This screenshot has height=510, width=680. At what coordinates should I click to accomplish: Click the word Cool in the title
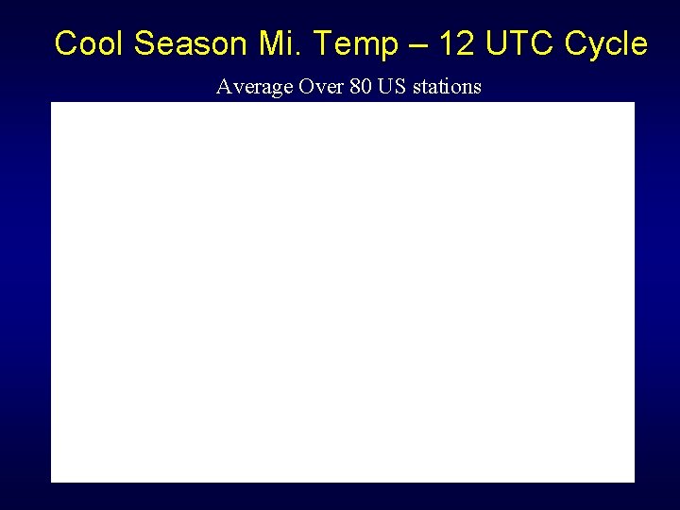91,43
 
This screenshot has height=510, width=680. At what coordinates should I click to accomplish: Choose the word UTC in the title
521,43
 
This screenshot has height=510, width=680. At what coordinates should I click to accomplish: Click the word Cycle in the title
605,43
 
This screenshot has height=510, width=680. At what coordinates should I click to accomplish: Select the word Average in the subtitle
254,87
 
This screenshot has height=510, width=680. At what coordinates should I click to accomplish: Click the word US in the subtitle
391,87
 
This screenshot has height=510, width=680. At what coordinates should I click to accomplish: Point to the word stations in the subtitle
447,87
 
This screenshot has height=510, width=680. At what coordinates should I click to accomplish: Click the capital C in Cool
66,43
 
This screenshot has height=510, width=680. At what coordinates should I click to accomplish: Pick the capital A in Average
224,87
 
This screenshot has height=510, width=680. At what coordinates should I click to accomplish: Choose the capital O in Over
304,87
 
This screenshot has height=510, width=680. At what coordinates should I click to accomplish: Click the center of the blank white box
343,292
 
